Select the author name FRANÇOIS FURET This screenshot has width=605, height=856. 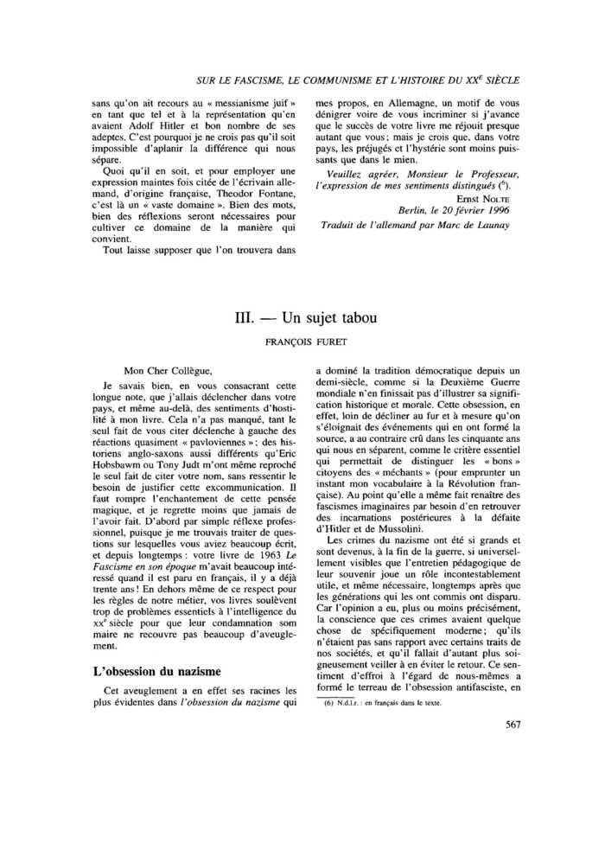(302, 341)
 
